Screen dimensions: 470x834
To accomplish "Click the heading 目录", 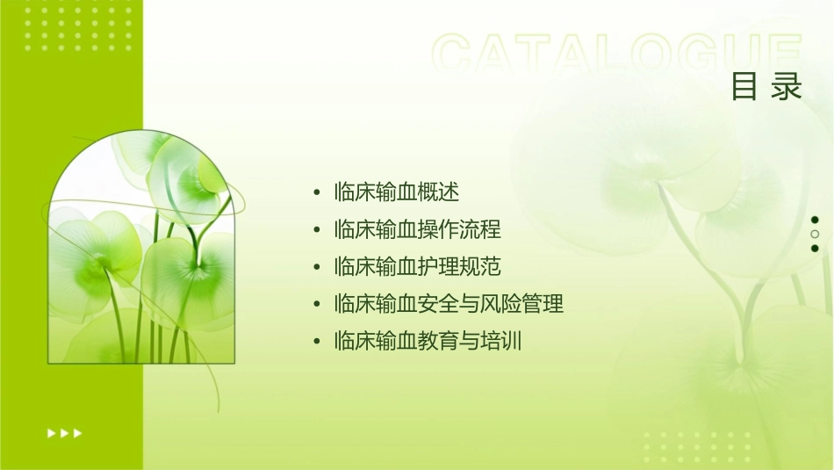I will tap(766, 87).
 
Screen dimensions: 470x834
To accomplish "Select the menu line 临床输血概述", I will tap(397, 192).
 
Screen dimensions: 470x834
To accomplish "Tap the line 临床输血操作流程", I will tap(418, 229).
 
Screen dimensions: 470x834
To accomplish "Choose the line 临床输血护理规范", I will tap(418, 266).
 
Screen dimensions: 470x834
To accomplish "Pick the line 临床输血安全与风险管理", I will tap(449, 304).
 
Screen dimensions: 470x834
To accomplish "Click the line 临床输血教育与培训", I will tap(428, 341).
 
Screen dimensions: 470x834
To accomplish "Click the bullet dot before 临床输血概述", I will tap(316, 192).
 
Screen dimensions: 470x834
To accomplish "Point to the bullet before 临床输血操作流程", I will tap(316, 230).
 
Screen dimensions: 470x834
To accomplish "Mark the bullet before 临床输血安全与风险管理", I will tap(316, 305).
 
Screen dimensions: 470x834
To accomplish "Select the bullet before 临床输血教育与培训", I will tap(316, 342).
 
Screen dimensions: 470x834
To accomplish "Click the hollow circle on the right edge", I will tap(815, 234).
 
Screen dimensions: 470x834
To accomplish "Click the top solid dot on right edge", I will tap(815, 220).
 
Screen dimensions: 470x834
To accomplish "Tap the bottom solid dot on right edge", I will tap(815, 248).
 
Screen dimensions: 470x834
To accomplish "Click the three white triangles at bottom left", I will tap(65, 432).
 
